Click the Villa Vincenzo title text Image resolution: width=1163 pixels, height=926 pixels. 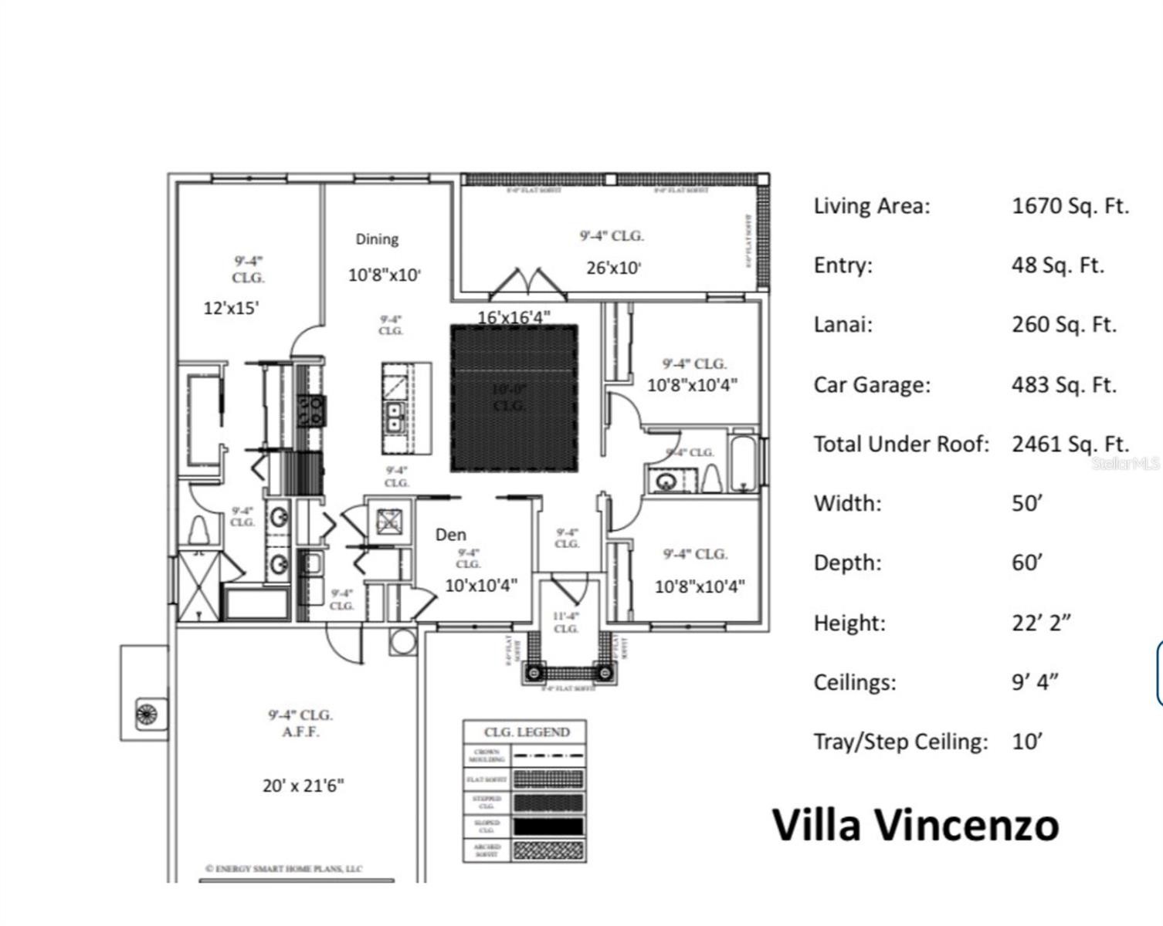coord(915,824)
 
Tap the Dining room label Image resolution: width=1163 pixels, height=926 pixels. coord(377,239)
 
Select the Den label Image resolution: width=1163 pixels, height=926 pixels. coord(450,534)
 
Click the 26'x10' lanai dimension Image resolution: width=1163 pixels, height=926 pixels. coord(613,269)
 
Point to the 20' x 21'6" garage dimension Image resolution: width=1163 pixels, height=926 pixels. coord(303,786)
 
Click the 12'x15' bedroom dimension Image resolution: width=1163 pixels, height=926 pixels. coord(231,308)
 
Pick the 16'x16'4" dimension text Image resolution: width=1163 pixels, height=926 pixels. coord(514,317)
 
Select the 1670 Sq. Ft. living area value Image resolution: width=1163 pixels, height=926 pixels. coord(1070,206)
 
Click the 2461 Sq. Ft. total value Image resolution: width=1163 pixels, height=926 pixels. coord(1070,444)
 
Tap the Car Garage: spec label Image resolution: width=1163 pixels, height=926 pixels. coord(872,384)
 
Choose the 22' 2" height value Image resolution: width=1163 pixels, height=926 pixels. coord(1041,623)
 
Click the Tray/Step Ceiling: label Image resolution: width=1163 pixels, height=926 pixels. coord(900,742)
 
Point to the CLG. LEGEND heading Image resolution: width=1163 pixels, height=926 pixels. coord(527,732)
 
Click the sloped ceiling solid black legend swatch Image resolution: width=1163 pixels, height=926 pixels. coord(548,826)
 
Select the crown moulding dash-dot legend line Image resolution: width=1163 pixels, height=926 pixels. coord(548,755)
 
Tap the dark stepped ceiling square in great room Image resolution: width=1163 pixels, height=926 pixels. coord(514,398)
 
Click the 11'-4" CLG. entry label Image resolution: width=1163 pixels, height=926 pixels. coord(566,622)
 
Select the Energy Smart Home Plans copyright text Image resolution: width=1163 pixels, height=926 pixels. coord(283,868)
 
